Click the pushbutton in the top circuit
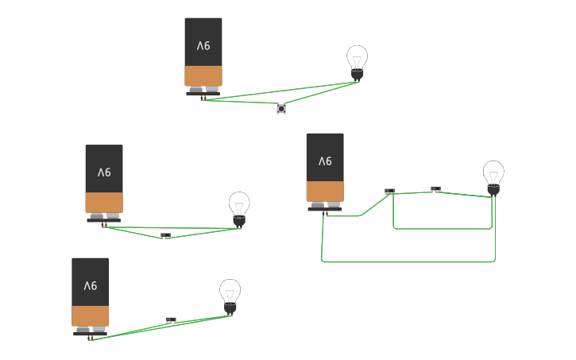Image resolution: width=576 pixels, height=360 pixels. coord(281,109)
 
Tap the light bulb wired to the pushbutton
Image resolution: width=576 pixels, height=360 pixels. coord(357,64)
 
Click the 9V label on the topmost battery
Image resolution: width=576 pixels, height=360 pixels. coord(203,45)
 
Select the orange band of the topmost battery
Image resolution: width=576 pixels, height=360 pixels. coord(203,76)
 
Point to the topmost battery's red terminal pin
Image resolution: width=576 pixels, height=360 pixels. coord(205,98)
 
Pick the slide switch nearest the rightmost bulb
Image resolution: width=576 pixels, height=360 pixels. coord(435,189)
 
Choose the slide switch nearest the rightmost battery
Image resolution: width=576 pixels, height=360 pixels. coord(390,191)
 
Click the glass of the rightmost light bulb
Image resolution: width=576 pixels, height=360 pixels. coord(493,172)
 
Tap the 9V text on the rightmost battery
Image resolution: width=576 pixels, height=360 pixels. coord(326,161)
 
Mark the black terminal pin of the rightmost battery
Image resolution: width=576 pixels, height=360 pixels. coord(323,214)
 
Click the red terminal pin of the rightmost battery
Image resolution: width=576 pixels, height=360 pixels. coord(327,214)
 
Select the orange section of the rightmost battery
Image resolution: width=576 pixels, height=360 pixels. coord(326,192)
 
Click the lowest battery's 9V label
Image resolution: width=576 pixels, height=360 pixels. coord(91,286)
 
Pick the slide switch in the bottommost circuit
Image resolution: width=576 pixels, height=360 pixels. coord(171,320)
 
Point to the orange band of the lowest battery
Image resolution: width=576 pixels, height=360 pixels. coord(91,316)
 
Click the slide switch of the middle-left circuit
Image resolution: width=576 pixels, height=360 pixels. coord(166,235)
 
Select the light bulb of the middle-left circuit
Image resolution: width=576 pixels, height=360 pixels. coord(239,210)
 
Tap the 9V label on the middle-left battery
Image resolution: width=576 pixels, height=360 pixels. coord(104,172)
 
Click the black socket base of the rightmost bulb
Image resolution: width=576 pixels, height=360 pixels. coord(493,190)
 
